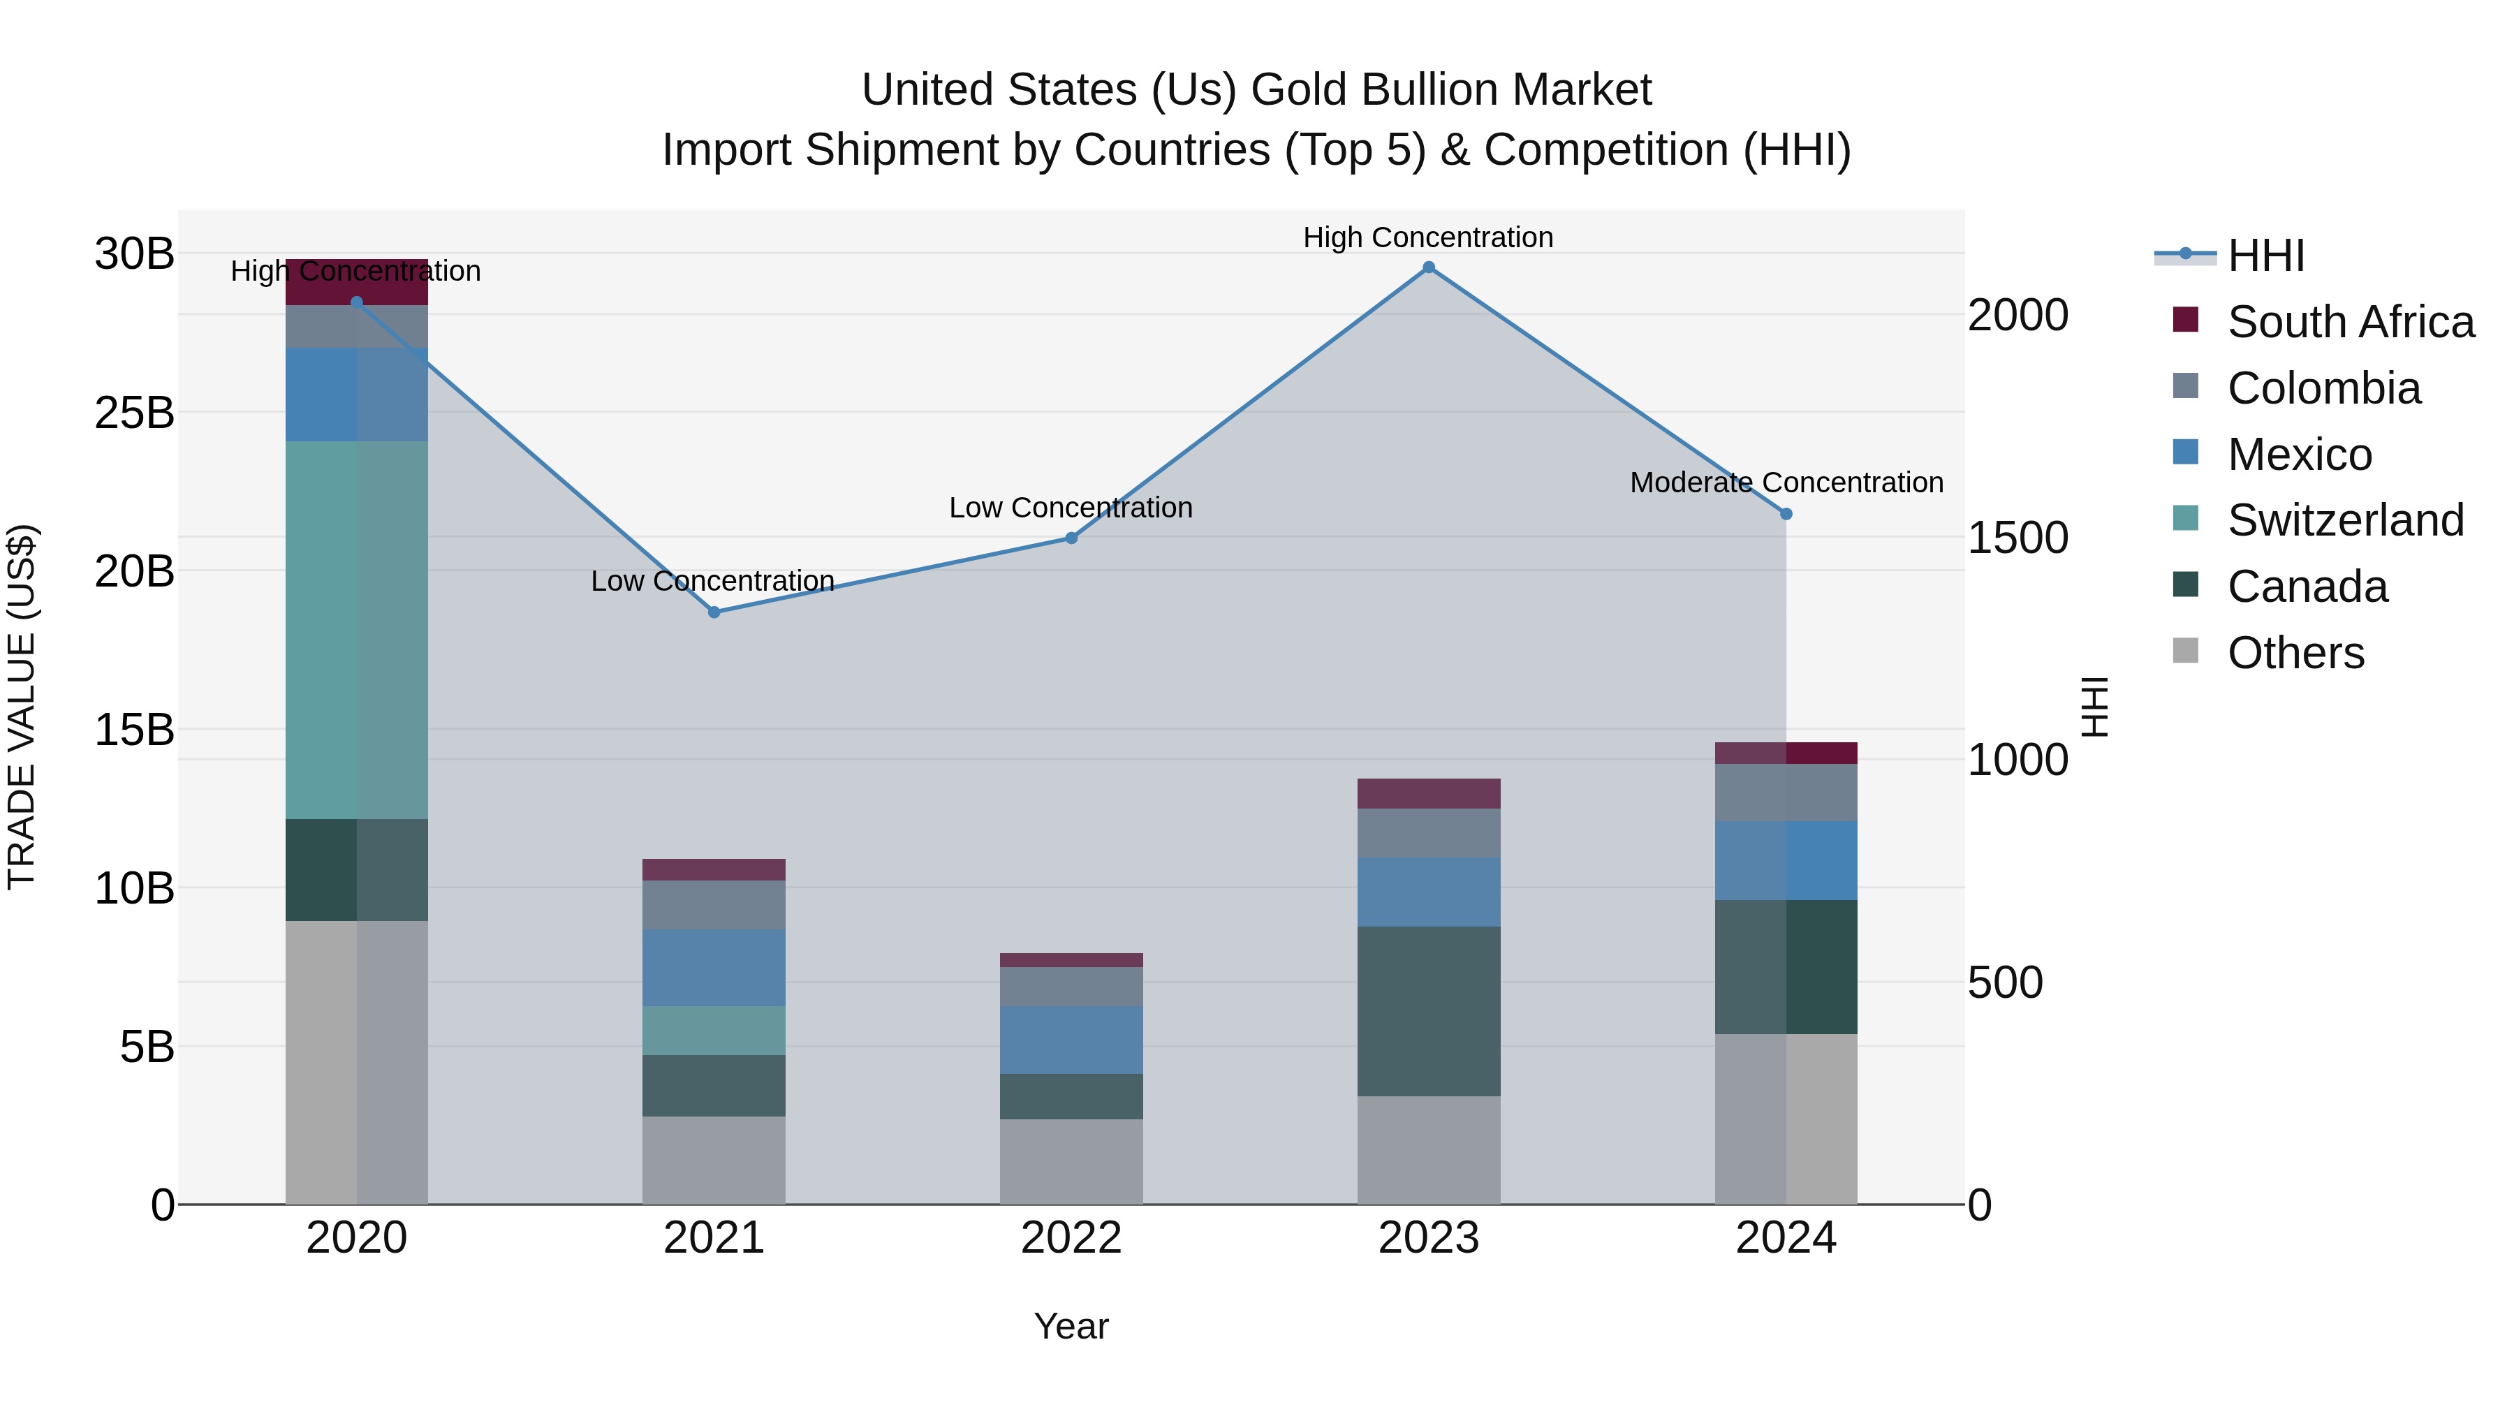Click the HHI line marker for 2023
pos(1428,267)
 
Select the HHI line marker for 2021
pos(714,612)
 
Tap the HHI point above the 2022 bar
pos(1071,538)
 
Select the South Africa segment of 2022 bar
pos(1071,959)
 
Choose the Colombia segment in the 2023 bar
pos(1428,832)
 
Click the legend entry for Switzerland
pos(2345,520)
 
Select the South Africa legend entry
pos(2350,322)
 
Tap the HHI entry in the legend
pos(2265,256)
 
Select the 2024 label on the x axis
pos(1785,1238)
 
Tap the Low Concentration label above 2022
pos(1071,508)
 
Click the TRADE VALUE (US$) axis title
pos(22,707)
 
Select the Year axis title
pos(1071,1326)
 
